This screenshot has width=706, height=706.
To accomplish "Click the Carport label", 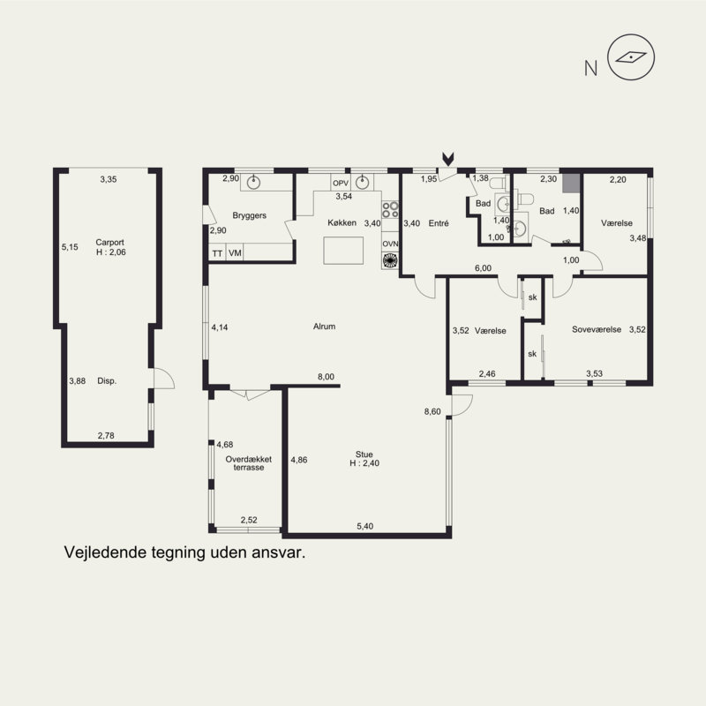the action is pos(109,242).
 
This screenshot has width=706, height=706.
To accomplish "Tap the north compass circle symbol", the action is pos(631,57).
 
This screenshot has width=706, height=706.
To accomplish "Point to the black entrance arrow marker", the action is pos(448,159).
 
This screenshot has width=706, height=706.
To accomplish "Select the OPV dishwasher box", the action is pos(341,183).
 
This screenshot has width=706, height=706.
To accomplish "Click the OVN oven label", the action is pos(390,244).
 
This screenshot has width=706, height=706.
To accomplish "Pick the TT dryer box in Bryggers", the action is pos(217,253).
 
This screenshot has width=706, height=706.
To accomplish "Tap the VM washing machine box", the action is pos(235,253).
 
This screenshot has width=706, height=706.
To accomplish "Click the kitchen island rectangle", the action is pos(343,251).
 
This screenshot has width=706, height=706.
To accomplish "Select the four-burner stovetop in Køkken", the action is pos(390,209).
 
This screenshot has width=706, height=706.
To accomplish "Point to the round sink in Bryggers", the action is pos(253,183).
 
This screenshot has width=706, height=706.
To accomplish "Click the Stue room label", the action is pos(364,454).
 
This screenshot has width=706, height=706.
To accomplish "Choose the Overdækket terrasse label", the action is pos(249,463).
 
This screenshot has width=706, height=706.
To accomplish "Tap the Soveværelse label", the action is pos(597,329).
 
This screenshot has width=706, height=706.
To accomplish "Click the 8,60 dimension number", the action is pos(432,411).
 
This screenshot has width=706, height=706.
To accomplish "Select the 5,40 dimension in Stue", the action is pos(365,526).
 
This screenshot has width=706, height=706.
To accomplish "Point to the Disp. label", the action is pos(107,381).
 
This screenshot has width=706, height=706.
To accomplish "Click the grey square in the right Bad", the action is pos(570,183).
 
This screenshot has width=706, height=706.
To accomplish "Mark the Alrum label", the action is pos(324,327).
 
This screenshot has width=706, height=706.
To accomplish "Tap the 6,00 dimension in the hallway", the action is pos(483,268).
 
